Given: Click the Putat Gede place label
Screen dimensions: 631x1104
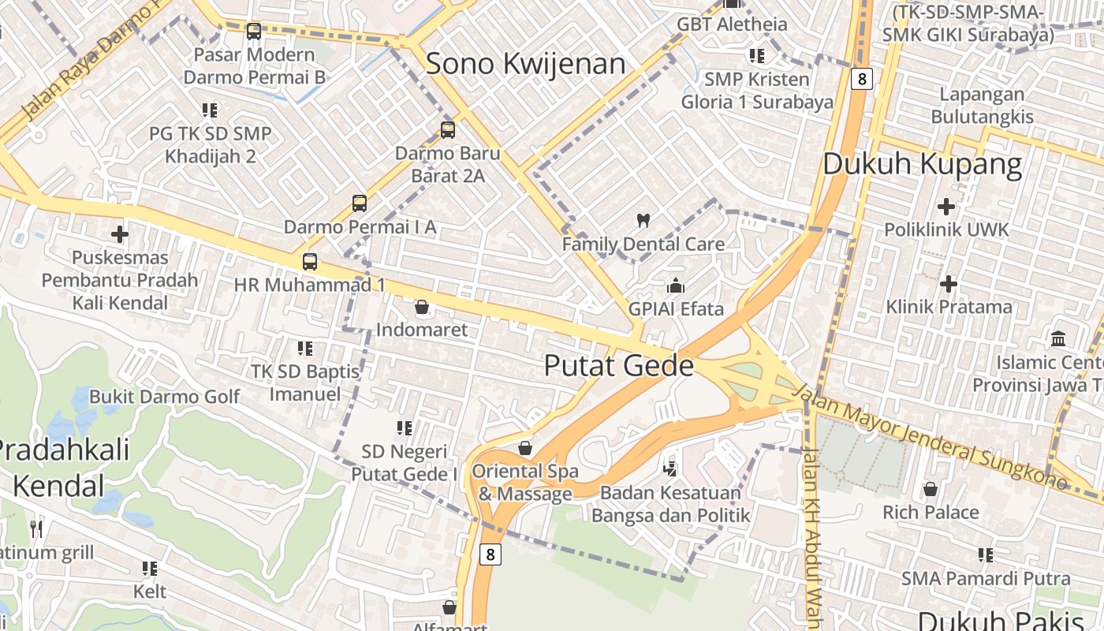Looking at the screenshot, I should pyautogui.click(x=619, y=366).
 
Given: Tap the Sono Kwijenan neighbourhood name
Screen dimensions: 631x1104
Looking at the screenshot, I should pyautogui.click(x=525, y=64).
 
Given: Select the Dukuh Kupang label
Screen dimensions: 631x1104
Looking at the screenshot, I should pyautogui.click(x=922, y=165).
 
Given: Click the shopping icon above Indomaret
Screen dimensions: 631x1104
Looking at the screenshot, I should pyautogui.click(x=422, y=307).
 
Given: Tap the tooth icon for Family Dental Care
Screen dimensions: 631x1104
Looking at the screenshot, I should pyautogui.click(x=643, y=221).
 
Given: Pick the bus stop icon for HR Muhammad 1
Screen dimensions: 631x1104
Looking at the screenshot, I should pyautogui.click(x=310, y=261).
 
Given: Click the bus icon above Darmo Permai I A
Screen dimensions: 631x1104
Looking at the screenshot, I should pyautogui.click(x=360, y=203).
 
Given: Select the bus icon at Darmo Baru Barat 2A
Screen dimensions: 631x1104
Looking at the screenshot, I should pyautogui.click(x=448, y=130).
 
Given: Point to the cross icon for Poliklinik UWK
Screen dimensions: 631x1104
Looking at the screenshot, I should pyautogui.click(x=945, y=207).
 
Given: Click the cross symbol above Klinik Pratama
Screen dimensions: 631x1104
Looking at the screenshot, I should pyautogui.click(x=949, y=283).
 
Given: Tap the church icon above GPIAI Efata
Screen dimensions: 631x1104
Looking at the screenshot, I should pyautogui.click(x=676, y=286).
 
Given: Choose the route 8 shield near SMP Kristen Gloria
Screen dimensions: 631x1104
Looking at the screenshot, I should pyautogui.click(x=863, y=79).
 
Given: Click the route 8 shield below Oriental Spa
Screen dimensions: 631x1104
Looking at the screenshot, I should pyautogui.click(x=490, y=554).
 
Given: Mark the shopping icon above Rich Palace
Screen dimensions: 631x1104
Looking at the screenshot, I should pyautogui.click(x=931, y=489).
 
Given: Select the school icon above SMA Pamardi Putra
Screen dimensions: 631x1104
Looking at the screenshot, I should pyautogui.click(x=985, y=555).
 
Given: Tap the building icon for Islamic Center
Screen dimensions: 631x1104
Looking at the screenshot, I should pyautogui.click(x=1058, y=339).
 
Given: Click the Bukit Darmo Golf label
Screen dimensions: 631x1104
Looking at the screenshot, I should pyautogui.click(x=164, y=396).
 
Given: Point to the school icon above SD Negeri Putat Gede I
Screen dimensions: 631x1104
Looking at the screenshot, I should pyautogui.click(x=405, y=428).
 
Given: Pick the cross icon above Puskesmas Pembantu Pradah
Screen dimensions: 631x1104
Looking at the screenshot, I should pyautogui.click(x=120, y=234).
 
